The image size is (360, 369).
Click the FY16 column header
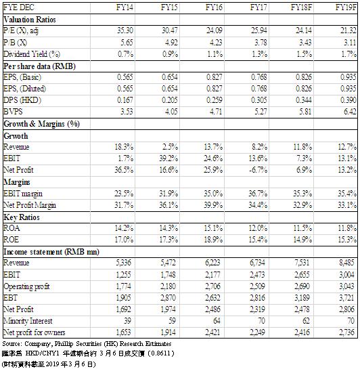[x=214, y=7]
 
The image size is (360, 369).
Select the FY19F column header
[x=346, y=7]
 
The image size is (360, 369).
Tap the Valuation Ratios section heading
[x=30, y=20]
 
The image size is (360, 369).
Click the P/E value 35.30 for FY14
[x=125, y=30]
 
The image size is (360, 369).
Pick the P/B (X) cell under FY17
[x=261, y=43]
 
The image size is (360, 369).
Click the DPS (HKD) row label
[x=22, y=100]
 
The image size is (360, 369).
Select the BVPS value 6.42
[x=350, y=111]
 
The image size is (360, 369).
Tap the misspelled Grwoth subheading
[x=16, y=136]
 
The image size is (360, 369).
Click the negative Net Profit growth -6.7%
[x=258, y=170]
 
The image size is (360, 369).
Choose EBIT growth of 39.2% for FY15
[x=168, y=158]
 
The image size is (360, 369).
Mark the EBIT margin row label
[x=23, y=194]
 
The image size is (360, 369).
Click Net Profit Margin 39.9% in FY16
[x=213, y=205]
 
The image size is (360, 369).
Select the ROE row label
[x=11, y=239]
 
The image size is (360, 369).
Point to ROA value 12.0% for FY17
[x=258, y=227]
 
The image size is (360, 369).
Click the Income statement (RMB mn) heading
[x=51, y=252]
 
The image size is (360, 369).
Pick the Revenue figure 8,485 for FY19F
[x=346, y=263]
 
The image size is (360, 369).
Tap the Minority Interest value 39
[x=127, y=320]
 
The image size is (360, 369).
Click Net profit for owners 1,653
[x=123, y=332]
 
